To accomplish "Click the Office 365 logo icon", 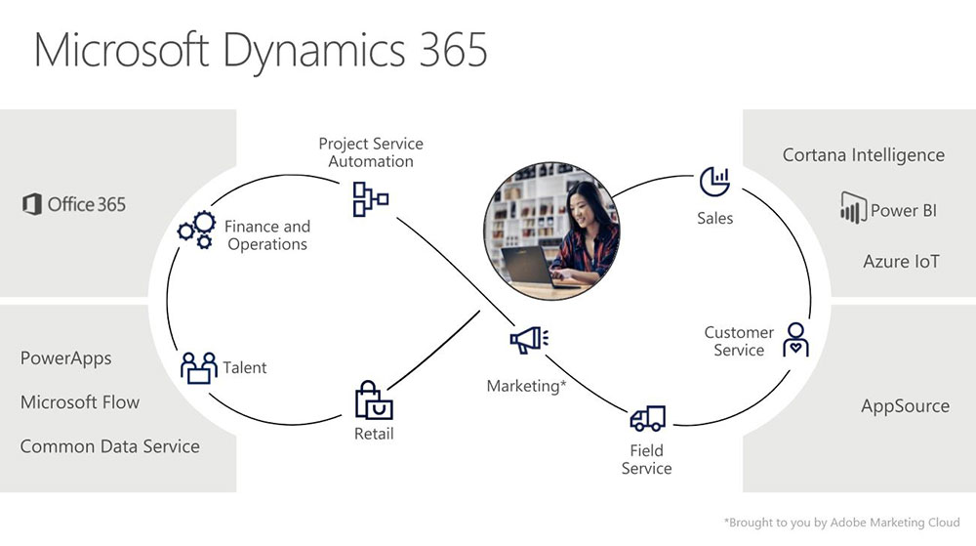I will click(x=31, y=204).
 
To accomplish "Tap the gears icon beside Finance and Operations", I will click(x=196, y=231).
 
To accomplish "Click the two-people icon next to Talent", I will click(x=198, y=367).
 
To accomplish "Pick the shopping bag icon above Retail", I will click(x=374, y=400).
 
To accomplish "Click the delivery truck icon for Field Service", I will click(x=647, y=419).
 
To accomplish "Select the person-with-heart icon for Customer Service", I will click(x=795, y=340).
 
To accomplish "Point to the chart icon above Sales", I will click(x=714, y=181).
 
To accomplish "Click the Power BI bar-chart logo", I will click(x=854, y=208).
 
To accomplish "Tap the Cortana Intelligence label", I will click(x=864, y=155).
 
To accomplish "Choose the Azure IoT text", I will click(x=901, y=261).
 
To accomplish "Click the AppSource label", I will click(x=905, y=406).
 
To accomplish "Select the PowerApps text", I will click(x=66, y=358).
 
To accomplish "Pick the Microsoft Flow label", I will click(x=80, y=402).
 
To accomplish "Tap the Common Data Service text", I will click(x=110, y=446).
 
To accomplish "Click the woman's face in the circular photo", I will click(x=583, y=209).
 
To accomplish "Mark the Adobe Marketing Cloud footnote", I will click(x=841, y=523).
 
